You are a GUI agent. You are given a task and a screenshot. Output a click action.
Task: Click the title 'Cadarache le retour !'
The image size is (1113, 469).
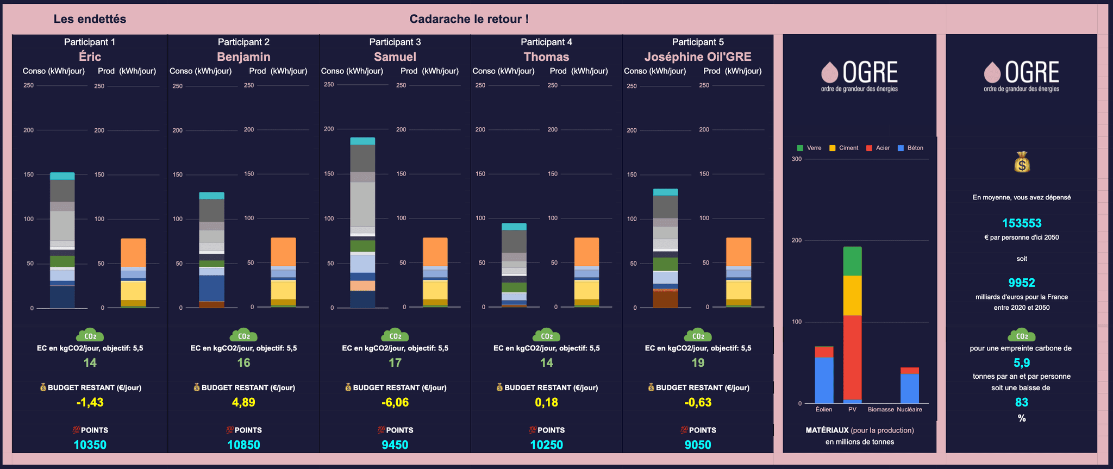tap(469, 19)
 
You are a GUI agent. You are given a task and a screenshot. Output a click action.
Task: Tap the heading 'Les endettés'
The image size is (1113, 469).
tap(90, 19)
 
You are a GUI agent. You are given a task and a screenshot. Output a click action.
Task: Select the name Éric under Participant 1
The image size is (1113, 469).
tap(90, 57)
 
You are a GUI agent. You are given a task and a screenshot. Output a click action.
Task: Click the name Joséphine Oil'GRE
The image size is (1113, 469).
tap(698, 57)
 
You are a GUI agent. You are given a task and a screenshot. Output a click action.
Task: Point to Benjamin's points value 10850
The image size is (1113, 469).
tap(243, 445)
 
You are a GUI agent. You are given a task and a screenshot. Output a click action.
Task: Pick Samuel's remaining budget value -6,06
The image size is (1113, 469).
tap(395, 402)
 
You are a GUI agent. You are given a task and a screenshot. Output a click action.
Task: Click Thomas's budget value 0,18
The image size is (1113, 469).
tap(546, 402)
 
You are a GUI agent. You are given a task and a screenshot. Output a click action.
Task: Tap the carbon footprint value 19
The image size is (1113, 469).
tap(698, 362)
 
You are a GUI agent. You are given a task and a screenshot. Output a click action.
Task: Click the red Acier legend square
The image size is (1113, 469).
tap(869, 148)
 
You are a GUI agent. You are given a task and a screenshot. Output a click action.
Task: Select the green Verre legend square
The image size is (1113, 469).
tap(800, 148)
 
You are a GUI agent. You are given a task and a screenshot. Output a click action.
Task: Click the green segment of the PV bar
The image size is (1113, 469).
tap(852, 261)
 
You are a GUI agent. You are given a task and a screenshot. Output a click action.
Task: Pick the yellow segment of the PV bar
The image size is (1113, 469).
tap(852, 296)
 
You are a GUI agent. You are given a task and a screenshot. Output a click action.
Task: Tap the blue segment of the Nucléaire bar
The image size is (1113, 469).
tap(909, 388)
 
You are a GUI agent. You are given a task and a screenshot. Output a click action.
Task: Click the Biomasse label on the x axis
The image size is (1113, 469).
tap(880, 409)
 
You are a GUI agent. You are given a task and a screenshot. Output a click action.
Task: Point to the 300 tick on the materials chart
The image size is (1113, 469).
tap(796, 159)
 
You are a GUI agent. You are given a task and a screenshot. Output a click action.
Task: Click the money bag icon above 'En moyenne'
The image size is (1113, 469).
tap(1022, 162)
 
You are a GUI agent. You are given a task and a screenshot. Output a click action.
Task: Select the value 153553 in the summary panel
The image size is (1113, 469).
tap(1022, 223)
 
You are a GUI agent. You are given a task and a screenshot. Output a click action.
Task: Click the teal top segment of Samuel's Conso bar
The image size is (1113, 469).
tap(362, 141)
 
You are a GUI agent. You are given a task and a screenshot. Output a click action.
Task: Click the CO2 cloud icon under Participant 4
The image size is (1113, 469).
tap(546, 335)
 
